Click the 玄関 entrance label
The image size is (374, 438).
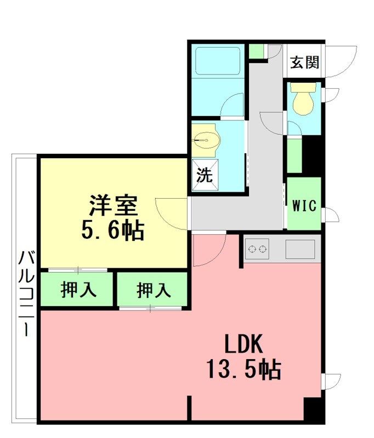304,62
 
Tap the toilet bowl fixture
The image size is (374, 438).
303,99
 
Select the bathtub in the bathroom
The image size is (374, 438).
218,61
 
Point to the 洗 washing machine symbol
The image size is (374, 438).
205,175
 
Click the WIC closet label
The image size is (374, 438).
304,206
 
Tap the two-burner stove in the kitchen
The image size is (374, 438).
257,249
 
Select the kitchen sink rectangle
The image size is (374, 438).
300,249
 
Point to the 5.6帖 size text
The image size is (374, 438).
113,230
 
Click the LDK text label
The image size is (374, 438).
243,344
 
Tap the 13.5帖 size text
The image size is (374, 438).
243,369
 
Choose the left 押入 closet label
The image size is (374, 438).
78,290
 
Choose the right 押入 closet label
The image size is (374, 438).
154,290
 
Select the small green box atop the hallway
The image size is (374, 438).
256,51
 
